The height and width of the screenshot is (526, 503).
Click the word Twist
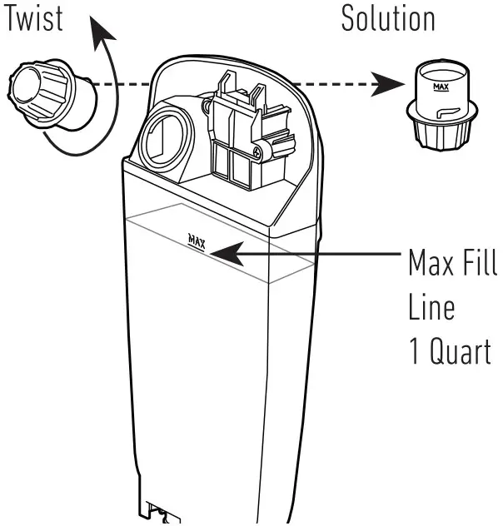pyautogui.click(x=36, y=19)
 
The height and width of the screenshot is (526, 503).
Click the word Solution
pyautogui.click(x=388, y=19)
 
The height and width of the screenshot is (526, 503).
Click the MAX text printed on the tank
pyautogui.click(x=197, y=241)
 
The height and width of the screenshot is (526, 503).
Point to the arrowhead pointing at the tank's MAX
pyautogui.click(x=225, y=250)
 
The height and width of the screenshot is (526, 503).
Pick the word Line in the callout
pyautogui.click(x=431, y=308)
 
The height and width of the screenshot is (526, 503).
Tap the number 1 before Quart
pyautogui.click(x=414, y=351)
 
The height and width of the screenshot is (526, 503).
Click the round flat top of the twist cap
pyautogui.click(x=24, y=87)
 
